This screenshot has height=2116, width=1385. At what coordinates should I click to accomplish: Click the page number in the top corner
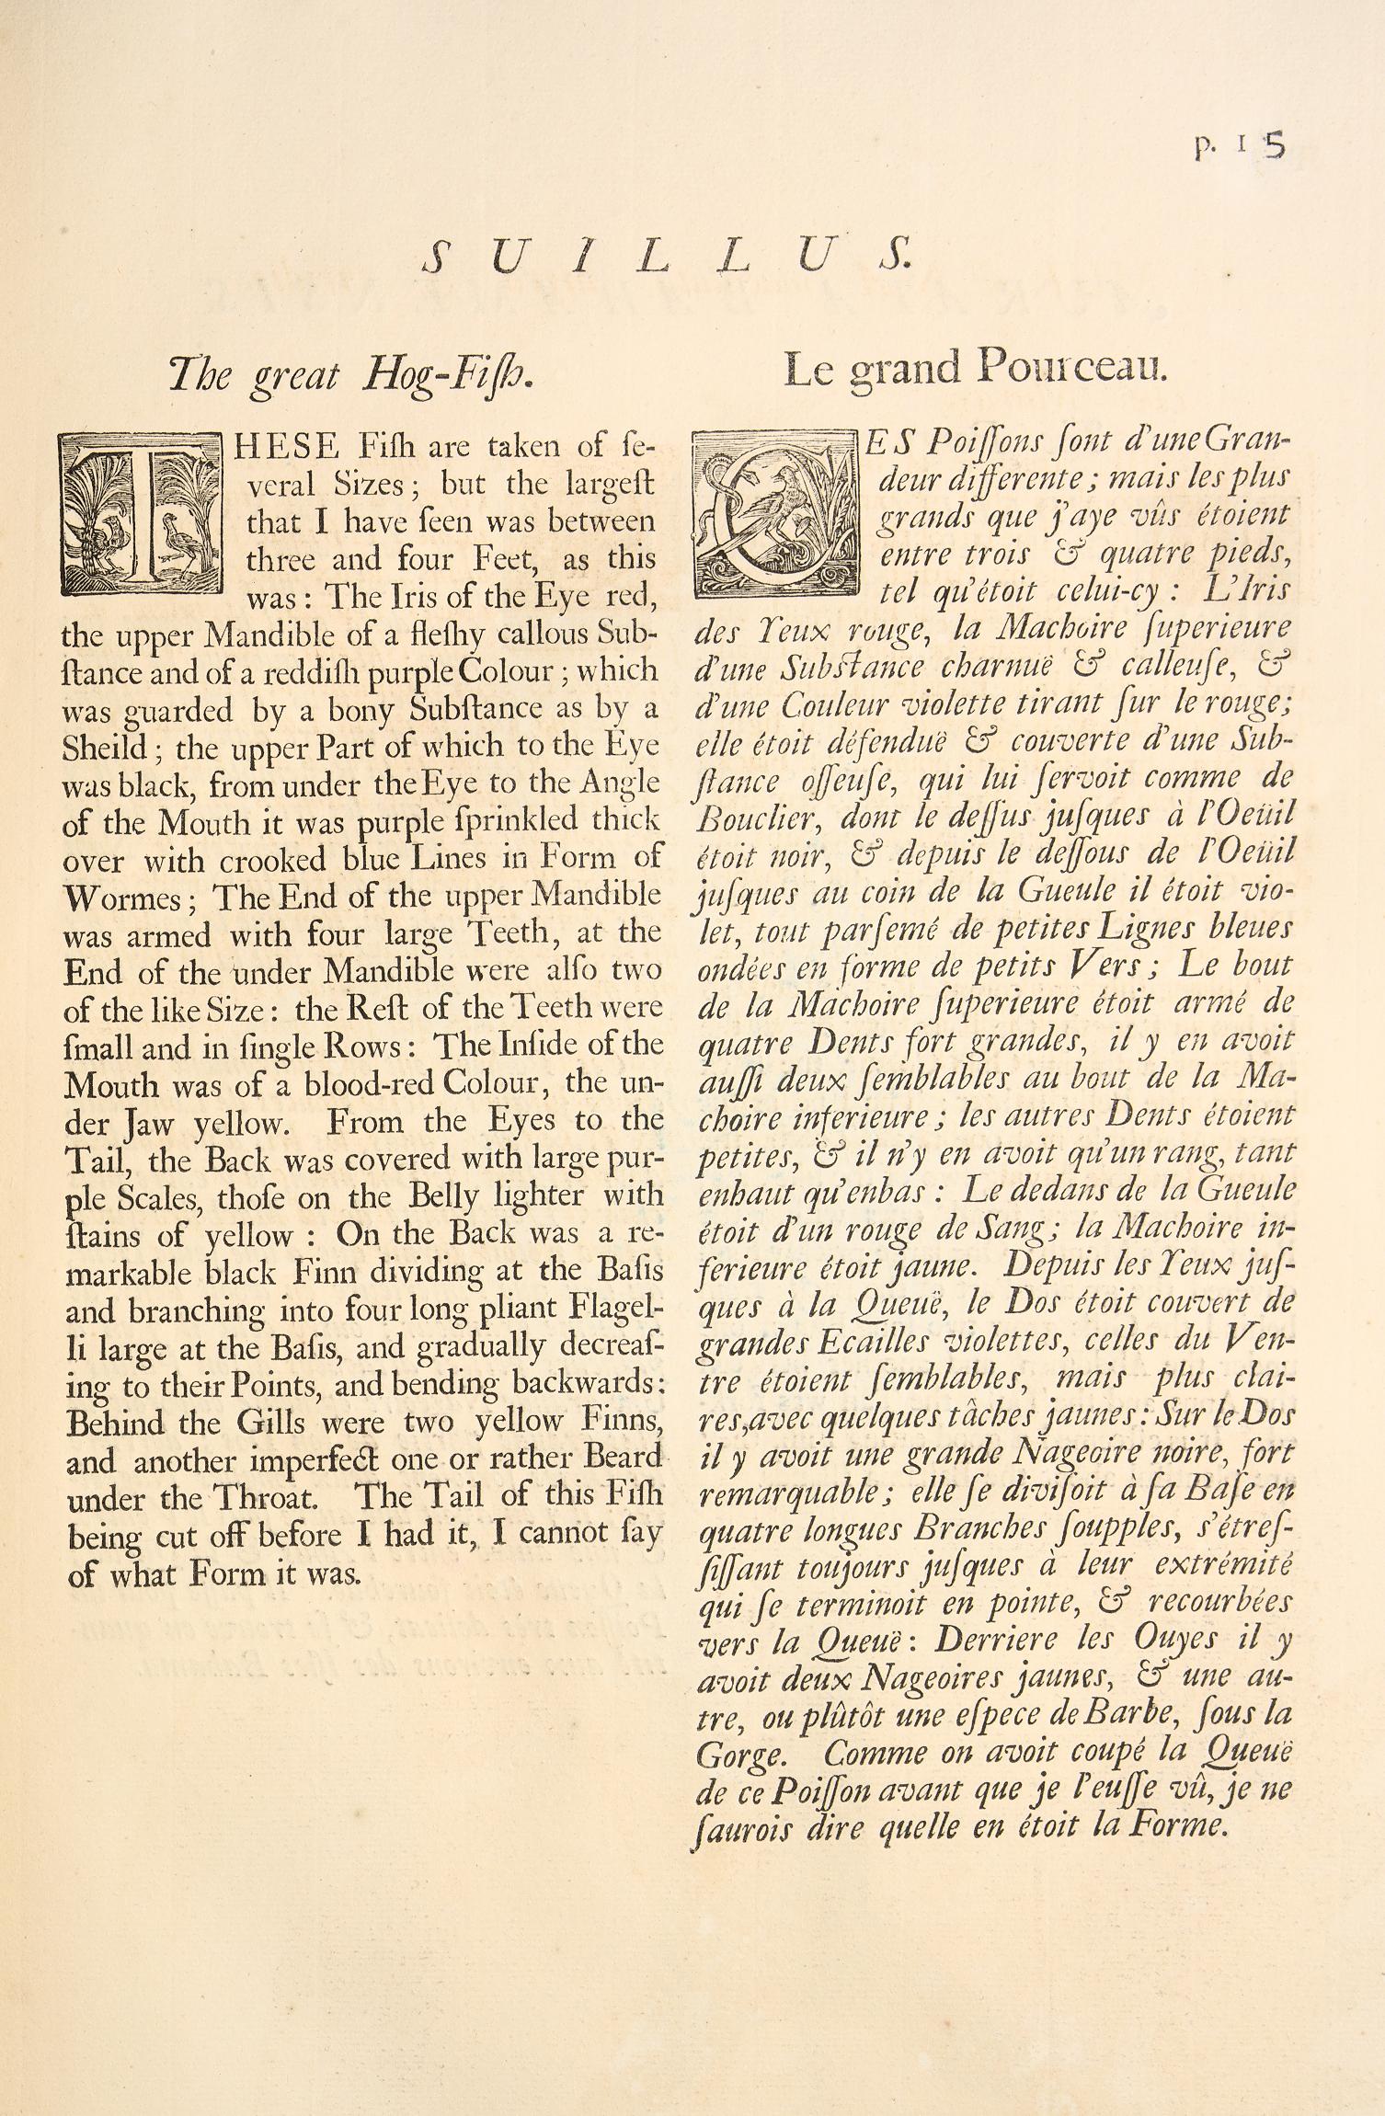pos(1238,147)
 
